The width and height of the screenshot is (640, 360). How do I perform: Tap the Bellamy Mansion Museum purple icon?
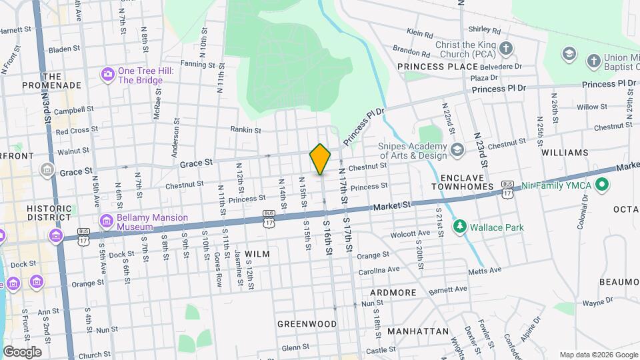coord(106,221)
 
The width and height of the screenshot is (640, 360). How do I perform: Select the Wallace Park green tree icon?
coord(459,227)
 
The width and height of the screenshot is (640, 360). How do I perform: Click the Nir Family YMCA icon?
coord(602,184)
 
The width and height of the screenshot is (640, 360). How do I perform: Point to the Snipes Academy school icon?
coord(457,147)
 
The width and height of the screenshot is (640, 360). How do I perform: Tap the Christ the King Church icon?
coord(506,49)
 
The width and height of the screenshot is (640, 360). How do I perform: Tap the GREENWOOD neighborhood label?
coord(307,324)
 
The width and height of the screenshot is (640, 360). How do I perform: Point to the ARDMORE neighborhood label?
coord(393,293)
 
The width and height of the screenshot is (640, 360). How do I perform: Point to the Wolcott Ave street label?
coord(411,233)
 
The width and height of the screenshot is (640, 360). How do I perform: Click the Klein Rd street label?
coord(420,33)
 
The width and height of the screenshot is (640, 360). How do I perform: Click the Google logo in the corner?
coord(22,352)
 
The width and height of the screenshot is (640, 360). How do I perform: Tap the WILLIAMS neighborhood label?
coord(565,153)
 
